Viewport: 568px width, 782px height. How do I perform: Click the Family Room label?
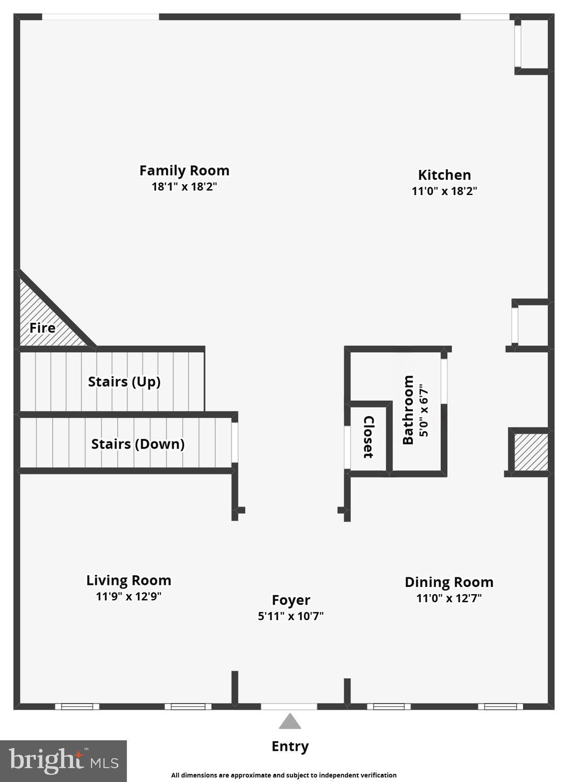(184, 171)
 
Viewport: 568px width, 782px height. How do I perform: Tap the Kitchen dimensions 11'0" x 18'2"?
(444, 191)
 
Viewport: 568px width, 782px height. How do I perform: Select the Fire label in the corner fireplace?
(42, 328)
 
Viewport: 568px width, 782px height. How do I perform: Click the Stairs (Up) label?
(124, 381)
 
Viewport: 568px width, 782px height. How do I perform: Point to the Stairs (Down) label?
(137, 444)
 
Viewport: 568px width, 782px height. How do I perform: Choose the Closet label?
(368, 437)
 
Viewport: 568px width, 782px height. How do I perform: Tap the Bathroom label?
(408, 410)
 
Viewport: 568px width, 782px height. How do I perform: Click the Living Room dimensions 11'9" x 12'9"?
(128, 596)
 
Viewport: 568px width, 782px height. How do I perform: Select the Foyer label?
(291, 600)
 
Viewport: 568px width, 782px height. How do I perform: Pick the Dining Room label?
(448, 582)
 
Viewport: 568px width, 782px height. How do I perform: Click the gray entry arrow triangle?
(290, 722)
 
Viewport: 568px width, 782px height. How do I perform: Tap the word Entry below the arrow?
(290, 746)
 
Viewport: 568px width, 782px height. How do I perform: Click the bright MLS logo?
(63, 761)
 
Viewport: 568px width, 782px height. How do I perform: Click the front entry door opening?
(289, 706)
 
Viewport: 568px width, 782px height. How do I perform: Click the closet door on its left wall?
(347, 447)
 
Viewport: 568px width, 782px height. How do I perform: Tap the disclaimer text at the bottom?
(283, 775)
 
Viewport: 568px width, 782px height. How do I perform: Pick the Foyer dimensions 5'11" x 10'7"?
(291, 616)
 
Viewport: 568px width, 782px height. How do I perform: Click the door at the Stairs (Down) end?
(235, 442)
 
